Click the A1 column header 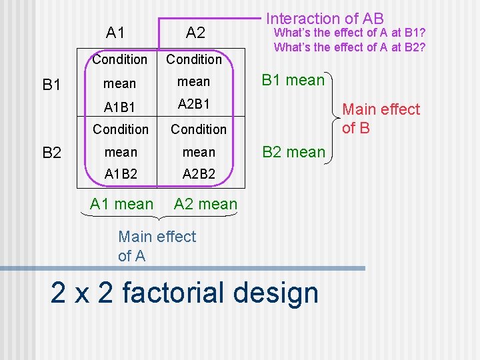click(x=115, y=32)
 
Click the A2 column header click(x=195, y=32)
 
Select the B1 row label click(x=51, y=85)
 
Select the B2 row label click(x=51, y=153)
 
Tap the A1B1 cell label click(x=119, y=106)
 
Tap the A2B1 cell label click(x=194, y=104)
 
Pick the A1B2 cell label click(x=121, y=174)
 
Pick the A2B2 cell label click(x=199, y=174)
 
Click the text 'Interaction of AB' click(x=325, y=19)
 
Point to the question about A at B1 click(x=349, y=33)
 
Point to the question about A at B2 click(x=349, y=47)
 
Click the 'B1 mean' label click(x=293, y=81)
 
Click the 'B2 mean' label click(x=293, y=152)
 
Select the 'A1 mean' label click(x=121, y=204)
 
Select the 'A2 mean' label click(x=205, y=204)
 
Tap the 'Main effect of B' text click(x=381, y=118)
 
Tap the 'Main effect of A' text click(x=157, y=246)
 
